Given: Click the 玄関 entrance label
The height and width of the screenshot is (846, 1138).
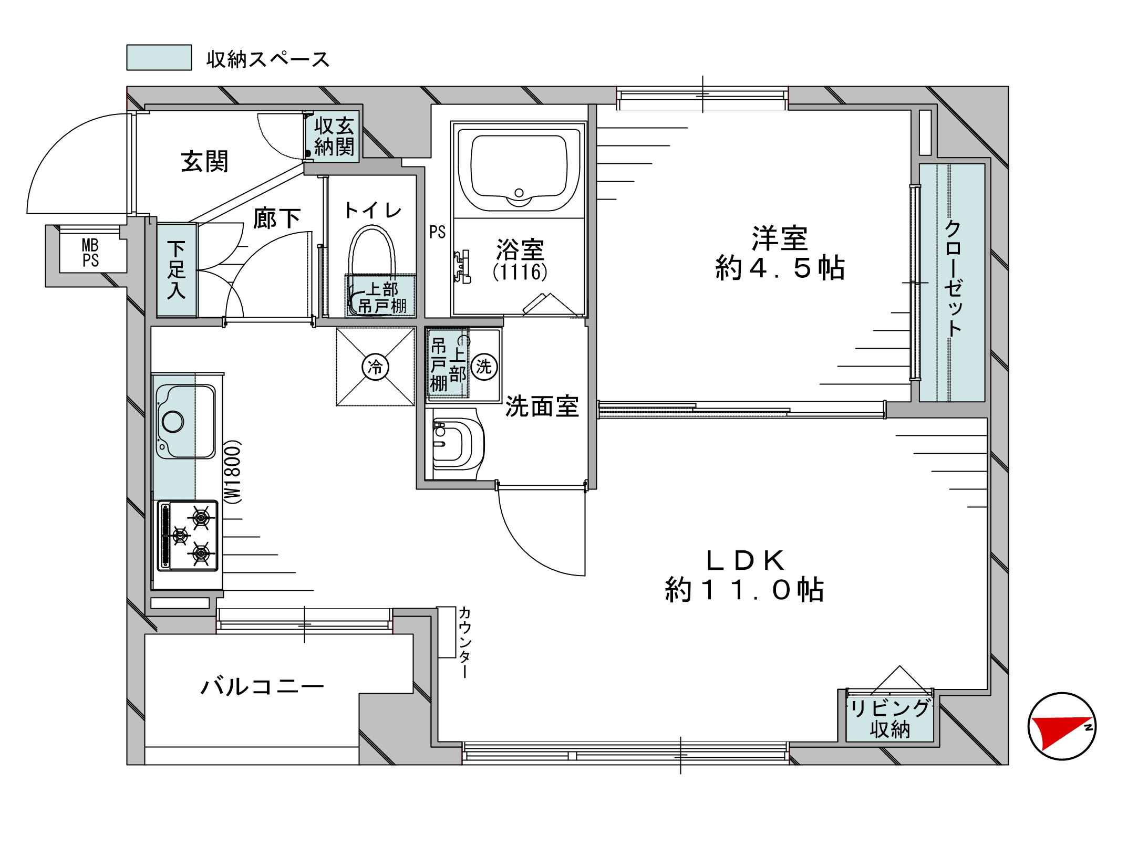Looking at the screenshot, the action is coord(204,162).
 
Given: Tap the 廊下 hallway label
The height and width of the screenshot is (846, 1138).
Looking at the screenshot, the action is coord(277,218).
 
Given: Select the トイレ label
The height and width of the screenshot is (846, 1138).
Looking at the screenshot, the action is coord(373,211).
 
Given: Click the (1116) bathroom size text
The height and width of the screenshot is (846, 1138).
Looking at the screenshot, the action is coord(520,271).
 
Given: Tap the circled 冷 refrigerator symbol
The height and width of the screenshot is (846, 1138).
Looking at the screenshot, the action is coord(376,366).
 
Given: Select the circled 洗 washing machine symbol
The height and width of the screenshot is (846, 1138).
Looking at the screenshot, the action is coord(483,366).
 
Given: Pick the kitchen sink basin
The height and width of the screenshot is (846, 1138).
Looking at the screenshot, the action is coord(185,421).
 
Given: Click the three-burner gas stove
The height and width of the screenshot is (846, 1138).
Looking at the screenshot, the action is coord(188,536).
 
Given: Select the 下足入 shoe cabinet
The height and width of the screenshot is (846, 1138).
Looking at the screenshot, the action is coord(177,270).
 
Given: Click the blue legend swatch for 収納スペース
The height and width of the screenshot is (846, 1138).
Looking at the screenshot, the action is coord(159,57).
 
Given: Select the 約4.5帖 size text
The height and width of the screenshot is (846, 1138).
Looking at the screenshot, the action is coord(780,268).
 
